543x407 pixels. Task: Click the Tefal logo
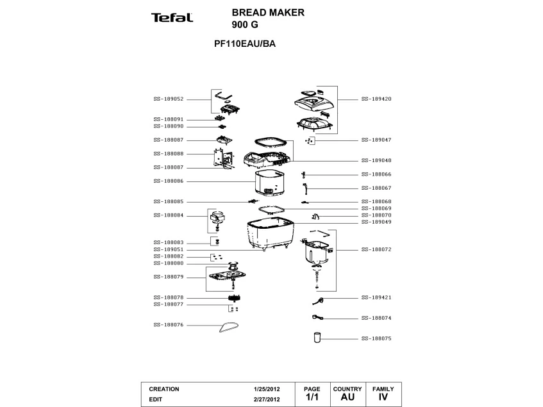172,17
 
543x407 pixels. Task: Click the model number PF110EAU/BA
245,45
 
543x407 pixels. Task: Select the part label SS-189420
376,99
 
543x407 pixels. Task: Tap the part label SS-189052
169,99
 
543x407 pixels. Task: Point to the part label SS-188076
169,325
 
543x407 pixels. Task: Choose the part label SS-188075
376,338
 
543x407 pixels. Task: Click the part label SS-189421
376,298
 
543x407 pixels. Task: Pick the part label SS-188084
169,215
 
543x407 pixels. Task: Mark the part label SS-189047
376,140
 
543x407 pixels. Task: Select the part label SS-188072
376,249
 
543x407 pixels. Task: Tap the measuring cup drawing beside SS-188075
316,337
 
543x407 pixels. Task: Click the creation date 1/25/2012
267,389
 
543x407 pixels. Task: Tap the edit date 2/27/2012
267,399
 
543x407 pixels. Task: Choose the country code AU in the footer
347,397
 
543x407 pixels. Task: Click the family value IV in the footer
383,397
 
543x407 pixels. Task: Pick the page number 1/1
312,397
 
